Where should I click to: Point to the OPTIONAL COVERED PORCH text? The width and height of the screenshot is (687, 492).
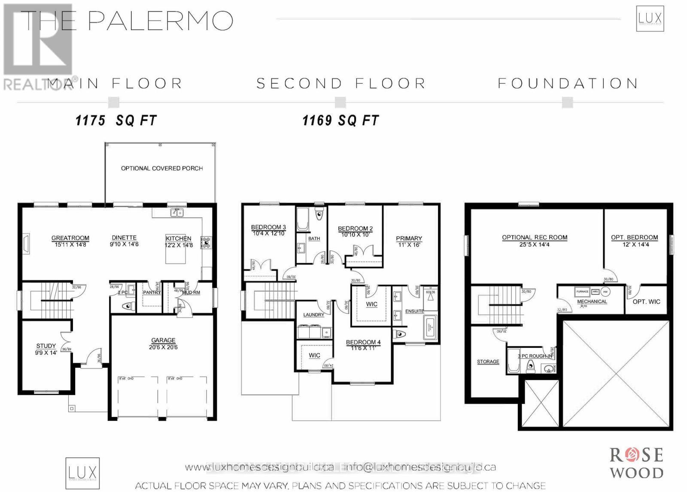[162, 168]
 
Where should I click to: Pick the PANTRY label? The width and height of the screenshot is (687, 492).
[152, 292]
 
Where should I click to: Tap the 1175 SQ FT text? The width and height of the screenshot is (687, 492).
[116, 121]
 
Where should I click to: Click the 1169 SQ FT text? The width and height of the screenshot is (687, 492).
[340, 121]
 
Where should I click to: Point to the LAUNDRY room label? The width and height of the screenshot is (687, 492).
[313, 315]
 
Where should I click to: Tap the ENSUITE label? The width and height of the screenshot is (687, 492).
[414, 311]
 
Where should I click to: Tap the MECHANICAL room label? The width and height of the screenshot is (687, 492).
[592, 301]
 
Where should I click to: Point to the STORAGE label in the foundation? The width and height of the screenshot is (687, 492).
[488, 361]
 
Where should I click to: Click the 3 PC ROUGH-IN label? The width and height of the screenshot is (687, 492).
[535, 356]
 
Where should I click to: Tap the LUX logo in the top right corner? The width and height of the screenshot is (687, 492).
[650, 19]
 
